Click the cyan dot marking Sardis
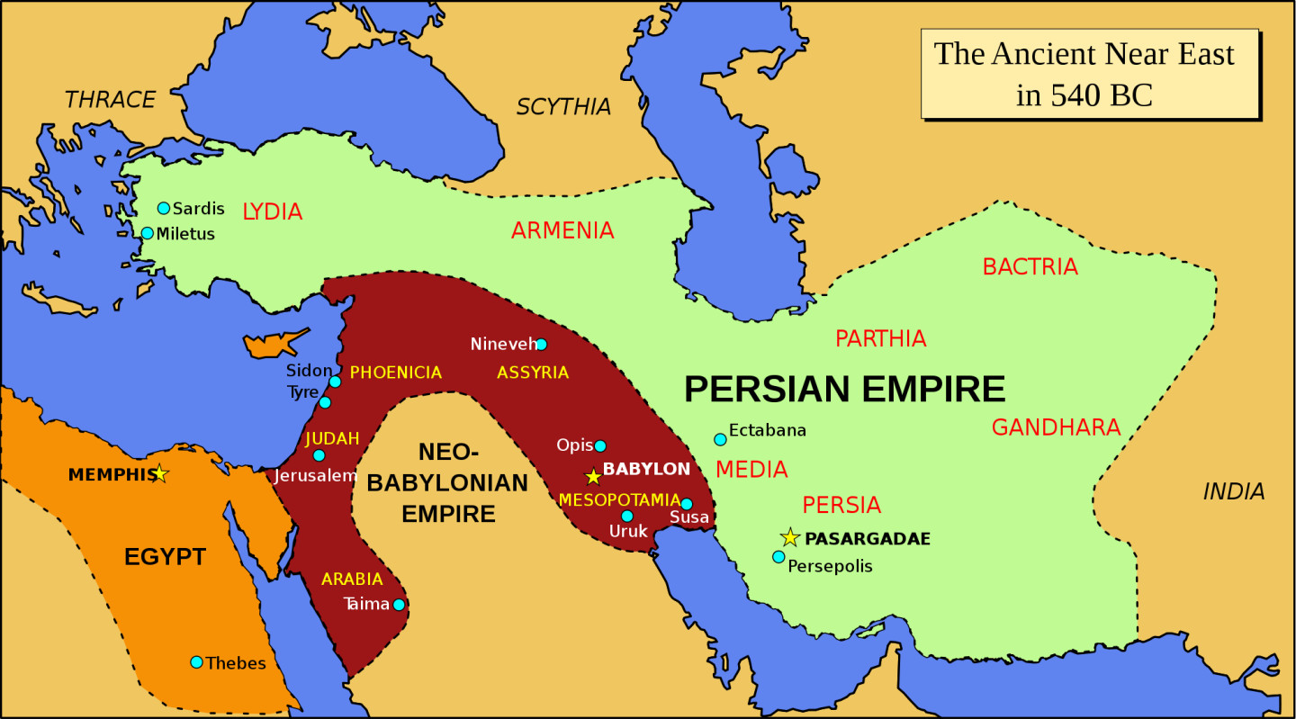tap(163, 208)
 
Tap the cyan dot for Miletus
tap(147, 233)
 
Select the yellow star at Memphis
tap(159, 473)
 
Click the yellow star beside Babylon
tap(592, 476)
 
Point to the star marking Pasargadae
tap(789, 538)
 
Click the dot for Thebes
tap(196, 662)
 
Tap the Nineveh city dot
tap(541, 344)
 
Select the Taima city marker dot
tap(399, 605)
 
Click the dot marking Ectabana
tap(720, 439)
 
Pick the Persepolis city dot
tap(778, 556)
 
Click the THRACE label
tap(110, 100)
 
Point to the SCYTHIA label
tap(563, 107)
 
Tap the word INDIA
tap(1234, 491)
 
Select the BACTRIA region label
tap(1030, 267)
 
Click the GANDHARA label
tap(1056, 427)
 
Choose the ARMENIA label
tap(562, 231)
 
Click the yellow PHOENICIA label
tap(395, 373)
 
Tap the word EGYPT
tap(165, 557)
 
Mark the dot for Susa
tap(687, 504)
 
